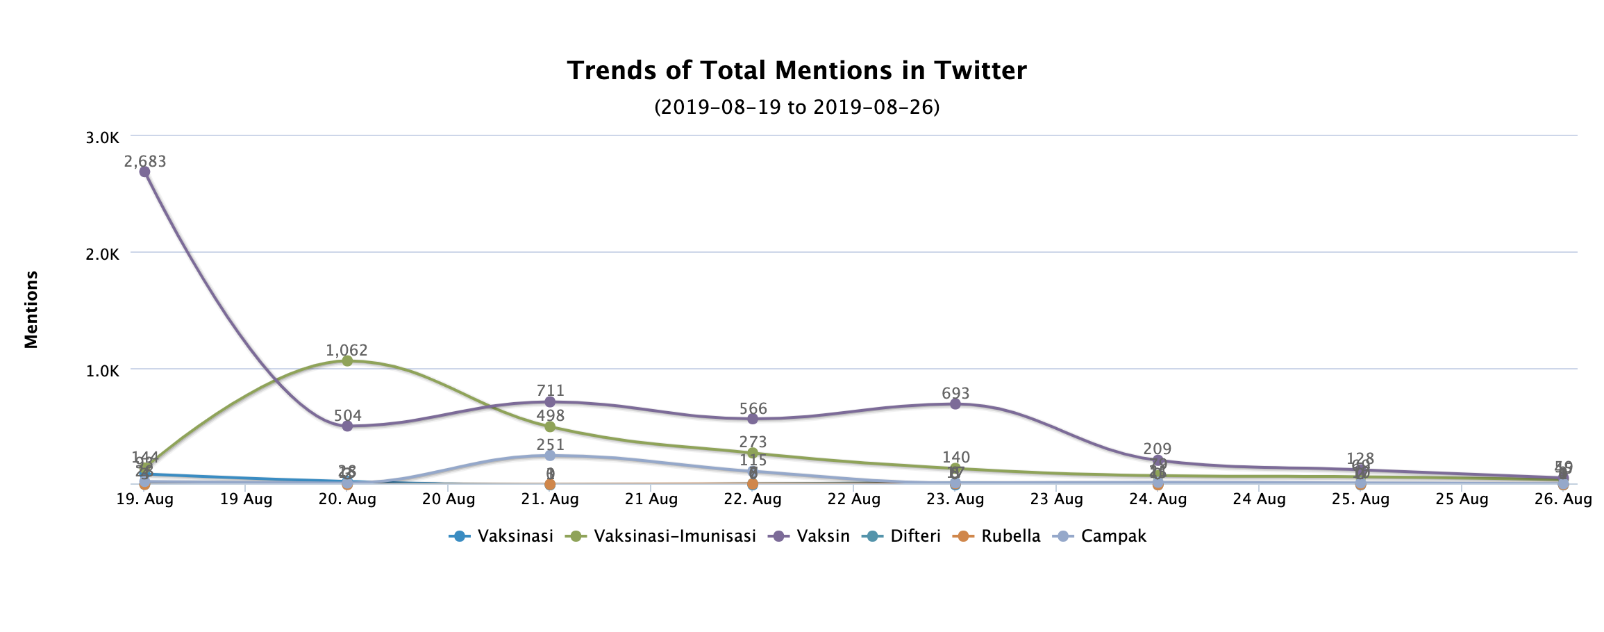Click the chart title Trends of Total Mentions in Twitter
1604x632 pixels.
coord(796,71)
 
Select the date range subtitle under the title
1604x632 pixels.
coord(796,107)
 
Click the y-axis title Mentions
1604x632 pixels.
coord(31,309)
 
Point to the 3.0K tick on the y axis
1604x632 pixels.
coord(103,138)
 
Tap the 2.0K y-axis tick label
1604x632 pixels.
coord(103,254)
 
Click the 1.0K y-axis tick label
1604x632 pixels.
coord(103,371)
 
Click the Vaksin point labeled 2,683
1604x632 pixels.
coord(144,172)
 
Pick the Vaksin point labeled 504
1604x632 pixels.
coord(347,426)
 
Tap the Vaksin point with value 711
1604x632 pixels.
coord(550,401)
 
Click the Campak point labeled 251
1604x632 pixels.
coord(550,455)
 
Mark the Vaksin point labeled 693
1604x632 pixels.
coord(955,404)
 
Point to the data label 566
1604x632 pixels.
coord(753,408)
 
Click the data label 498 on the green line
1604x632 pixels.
coord(551,416)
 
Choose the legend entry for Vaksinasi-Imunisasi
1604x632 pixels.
coord(674,536)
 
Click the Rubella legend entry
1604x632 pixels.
coord(1010,536)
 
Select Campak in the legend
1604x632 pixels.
coord(1113,536)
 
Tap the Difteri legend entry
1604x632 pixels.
coord(914,536)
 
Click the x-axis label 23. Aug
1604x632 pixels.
coord(955,499)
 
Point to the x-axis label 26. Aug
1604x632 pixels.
coord(1562,499)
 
